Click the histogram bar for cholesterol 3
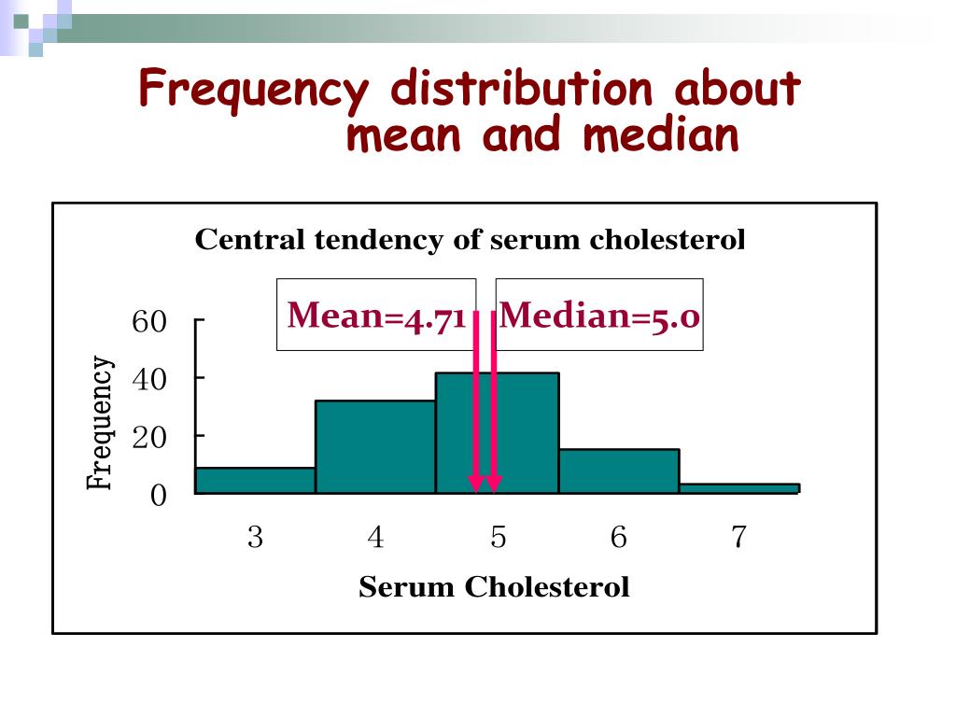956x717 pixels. point(255,480)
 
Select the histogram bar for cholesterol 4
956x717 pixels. point(375,446)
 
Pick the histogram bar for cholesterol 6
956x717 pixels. point(618,471)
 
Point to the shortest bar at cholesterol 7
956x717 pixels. point(738,487)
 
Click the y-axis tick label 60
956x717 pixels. point(149,323)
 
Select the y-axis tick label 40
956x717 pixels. point(149,380)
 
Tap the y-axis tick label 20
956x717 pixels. point(149,437)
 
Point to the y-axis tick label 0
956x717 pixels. point(158,495)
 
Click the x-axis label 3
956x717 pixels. point(255,538)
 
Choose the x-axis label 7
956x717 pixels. point(738,538)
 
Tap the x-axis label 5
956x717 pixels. point(499,538)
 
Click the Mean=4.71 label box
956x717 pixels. point(376,316)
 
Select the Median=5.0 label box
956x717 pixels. point(599,316)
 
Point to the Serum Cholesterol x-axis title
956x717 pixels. point(494,588)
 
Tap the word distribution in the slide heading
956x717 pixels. point(521,90)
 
